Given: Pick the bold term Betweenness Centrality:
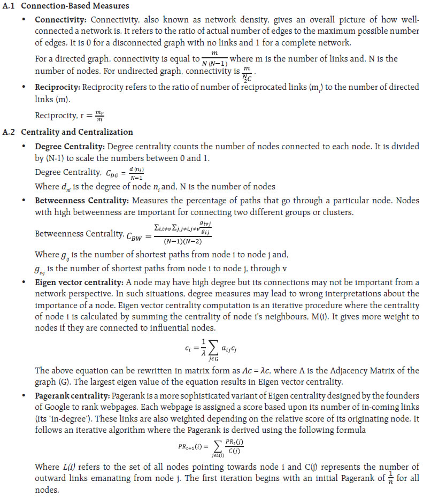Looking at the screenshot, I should click(78, 201).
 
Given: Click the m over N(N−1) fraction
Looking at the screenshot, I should click(214, 58).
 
